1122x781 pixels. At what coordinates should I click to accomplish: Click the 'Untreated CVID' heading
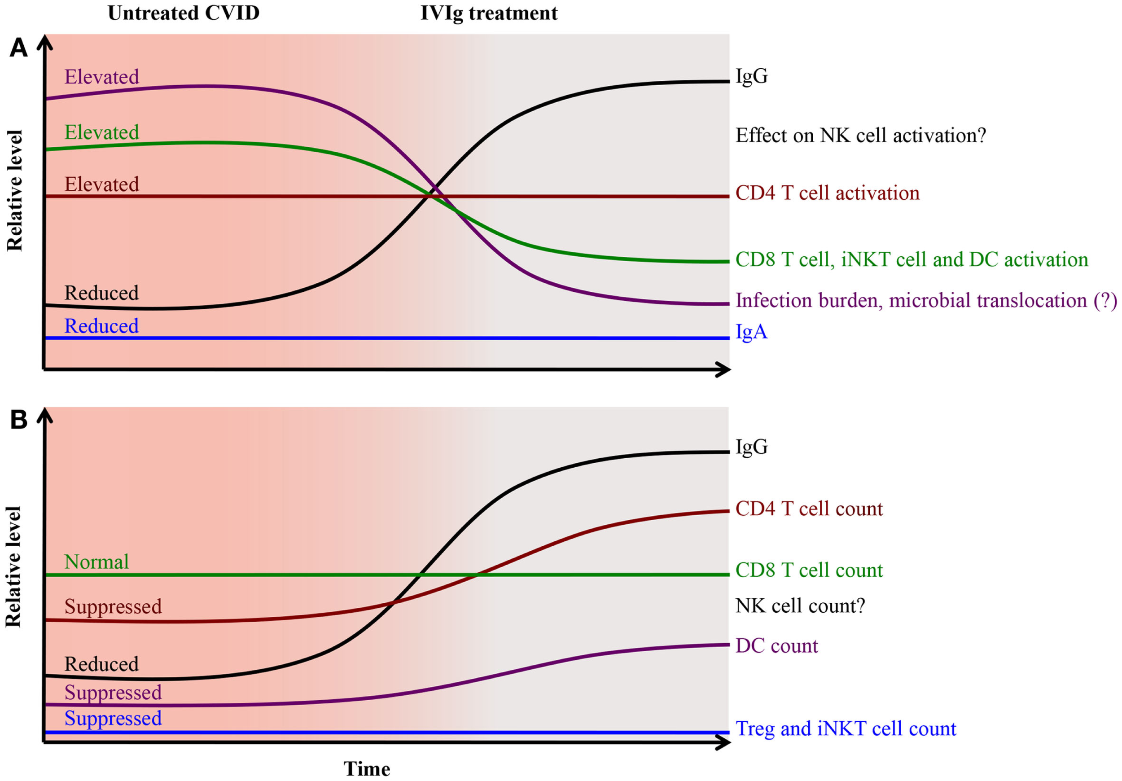point(183,13)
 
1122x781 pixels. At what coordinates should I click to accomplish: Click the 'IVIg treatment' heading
point(488,13)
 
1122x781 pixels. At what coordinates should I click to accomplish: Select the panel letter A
point(18,48)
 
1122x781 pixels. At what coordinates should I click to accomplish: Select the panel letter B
point(18,419)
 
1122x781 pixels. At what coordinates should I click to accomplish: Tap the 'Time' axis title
point(367,769)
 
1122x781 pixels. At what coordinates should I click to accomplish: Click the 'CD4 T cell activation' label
point(827,193)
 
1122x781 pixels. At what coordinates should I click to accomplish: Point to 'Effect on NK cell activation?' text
point(860,136)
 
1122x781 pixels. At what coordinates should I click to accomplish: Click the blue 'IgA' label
point(751,331)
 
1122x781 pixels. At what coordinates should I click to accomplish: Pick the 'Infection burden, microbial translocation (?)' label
point(926,300)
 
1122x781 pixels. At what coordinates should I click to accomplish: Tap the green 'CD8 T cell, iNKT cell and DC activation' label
point(912,259)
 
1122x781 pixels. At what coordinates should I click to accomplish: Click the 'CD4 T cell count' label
point(809,509)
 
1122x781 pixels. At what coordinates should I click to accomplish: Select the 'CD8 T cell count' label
point(809,570)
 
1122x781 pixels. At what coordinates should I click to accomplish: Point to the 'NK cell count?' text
point(800,606)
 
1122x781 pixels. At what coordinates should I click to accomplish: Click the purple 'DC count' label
point(776,645)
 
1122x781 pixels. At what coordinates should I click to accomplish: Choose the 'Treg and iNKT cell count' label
point(846,728)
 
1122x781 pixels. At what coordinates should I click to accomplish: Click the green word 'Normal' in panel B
point(96,562)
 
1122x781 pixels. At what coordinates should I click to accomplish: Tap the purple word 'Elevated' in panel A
point(101,77)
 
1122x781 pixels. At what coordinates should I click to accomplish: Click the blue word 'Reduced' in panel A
point(101,326)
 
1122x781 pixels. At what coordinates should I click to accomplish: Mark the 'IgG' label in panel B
point(751,447)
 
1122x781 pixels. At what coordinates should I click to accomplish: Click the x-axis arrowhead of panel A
point(723,369)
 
